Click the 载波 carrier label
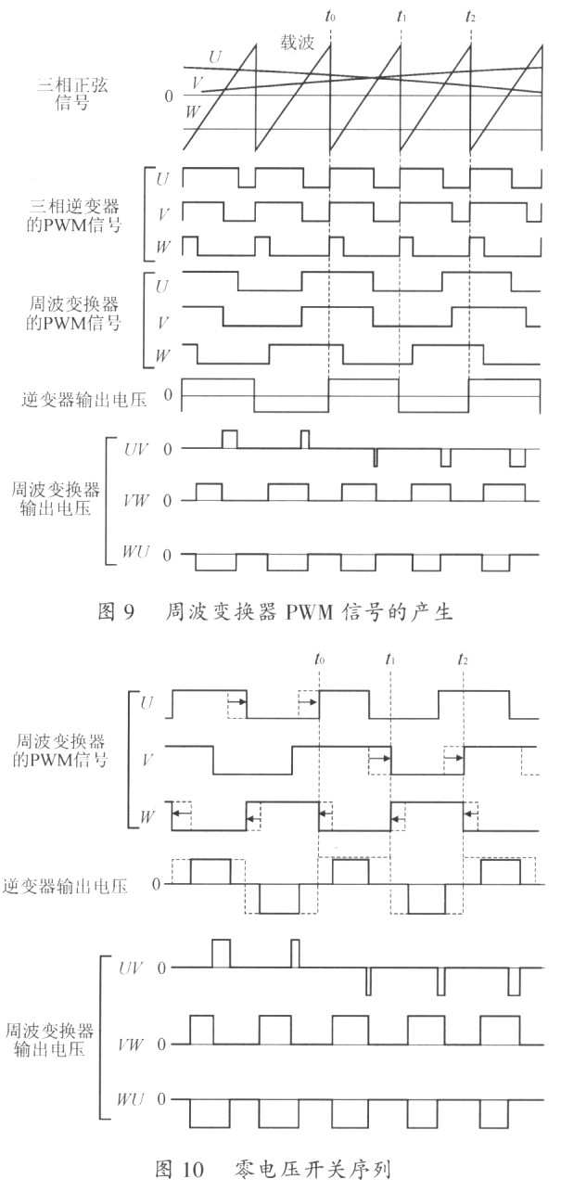(298, 42)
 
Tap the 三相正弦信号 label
(72, 94)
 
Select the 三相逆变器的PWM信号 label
(73, 215)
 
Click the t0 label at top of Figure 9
(330, 16)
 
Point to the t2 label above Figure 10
(463, 660)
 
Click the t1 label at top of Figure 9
(402, 16)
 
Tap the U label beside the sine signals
(215, 57)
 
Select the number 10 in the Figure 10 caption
(194, 1169)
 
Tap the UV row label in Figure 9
(135, 449)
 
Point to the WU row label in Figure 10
(130, 1098)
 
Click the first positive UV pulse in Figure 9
(229, 439)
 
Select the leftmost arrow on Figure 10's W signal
(181, 814)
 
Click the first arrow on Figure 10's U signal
(237, 702)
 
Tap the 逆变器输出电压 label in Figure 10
(65, 886)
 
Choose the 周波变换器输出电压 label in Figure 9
(56, 499)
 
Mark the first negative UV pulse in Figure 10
(368, 981)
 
